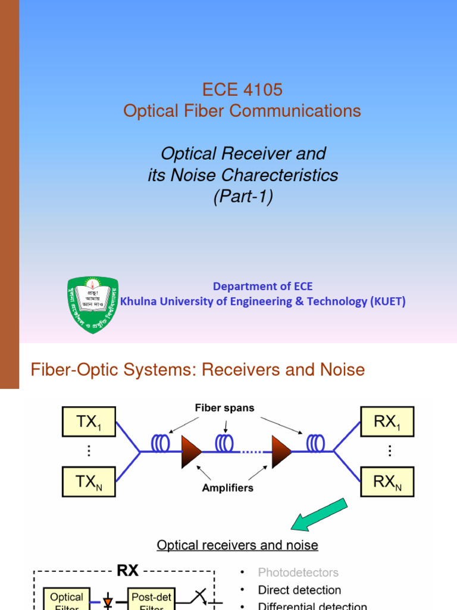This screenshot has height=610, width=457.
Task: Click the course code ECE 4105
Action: (x=242, y=90)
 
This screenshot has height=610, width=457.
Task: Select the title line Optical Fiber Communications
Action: (x=242, y=111)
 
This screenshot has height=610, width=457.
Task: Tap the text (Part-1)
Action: (x=243, y=197)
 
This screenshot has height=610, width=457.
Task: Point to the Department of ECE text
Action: (x=262, y=287)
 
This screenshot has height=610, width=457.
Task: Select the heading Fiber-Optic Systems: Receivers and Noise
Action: (x=198, y=370)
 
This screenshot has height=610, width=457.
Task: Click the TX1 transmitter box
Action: (x=89, y=422)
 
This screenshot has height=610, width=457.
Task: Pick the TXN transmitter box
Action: (x=89, y=482)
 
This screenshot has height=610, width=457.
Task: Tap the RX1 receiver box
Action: (x=387, y=422)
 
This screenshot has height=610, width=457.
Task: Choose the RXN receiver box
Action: (x=387, y=482)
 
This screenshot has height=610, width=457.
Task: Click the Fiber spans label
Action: (x=225, y=408)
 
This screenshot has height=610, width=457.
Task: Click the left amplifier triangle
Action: (x=190, y=451)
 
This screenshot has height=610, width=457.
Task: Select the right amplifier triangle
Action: (x=281, y=451)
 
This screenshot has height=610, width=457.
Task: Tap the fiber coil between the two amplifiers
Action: (x=224, y=444)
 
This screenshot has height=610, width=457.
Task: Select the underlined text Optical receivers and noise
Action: (x=237, y=545)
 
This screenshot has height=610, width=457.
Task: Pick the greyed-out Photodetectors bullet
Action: (x=298, y=572)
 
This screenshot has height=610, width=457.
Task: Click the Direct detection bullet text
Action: (x=299, y=590)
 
